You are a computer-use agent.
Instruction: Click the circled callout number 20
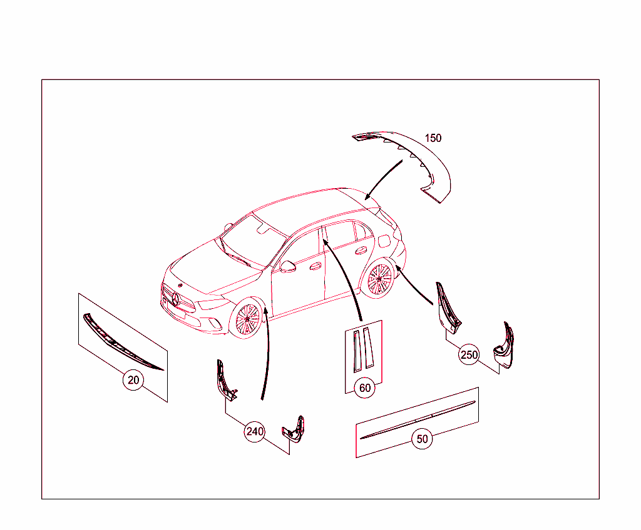[133, 380]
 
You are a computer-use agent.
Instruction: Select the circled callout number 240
[255, 431]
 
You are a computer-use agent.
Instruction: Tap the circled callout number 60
[365, 388]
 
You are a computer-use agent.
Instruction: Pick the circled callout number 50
[423, 439]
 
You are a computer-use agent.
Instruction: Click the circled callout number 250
[469, 355]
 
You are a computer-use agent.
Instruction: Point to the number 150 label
[433, 138]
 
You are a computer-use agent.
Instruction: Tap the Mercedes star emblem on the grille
[177, 298]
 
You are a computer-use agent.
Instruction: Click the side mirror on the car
[288, 266]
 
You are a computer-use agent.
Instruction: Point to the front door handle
[315, 266]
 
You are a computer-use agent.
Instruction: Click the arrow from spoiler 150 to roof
[383, 179]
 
